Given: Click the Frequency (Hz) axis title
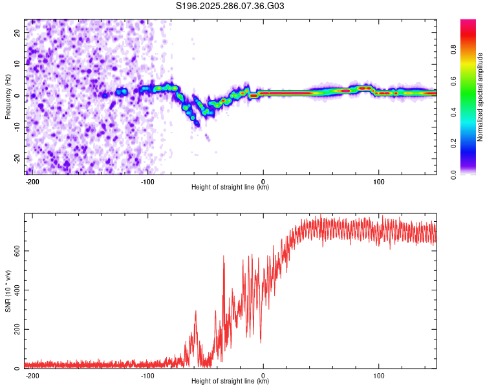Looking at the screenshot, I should [x=8, y=96].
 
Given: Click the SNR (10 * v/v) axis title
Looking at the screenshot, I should [x=8, y=291].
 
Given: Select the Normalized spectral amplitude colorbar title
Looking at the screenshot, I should [x=480, y=96].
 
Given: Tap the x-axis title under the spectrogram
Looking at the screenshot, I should [x=230, y=187].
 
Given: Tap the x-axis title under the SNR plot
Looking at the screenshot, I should [x=230, y=381].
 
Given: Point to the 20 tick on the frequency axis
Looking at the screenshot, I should [x=17, y=32].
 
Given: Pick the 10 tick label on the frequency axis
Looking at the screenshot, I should [x=17, y=63].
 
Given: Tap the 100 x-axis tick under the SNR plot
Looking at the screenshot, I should [x=378, y=374].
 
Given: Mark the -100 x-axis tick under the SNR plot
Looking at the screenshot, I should [x=147, y=374].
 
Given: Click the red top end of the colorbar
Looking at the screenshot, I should [x=468, y=22].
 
